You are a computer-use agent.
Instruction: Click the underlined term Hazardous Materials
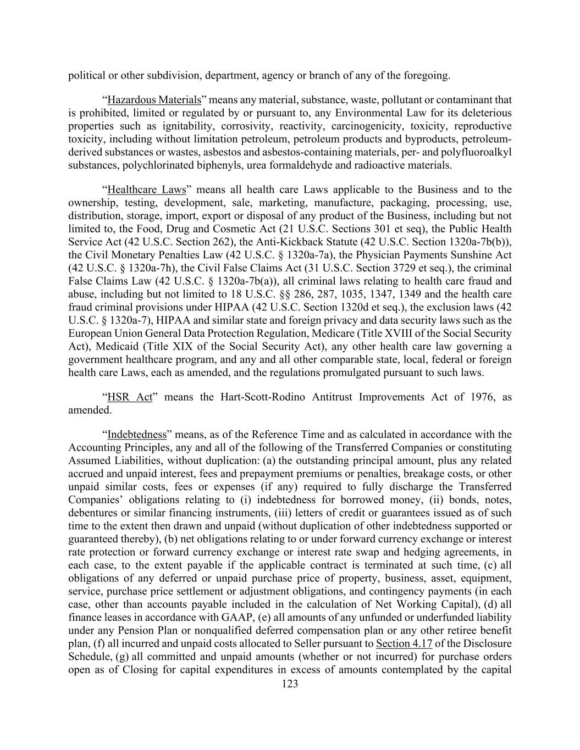[154, 101]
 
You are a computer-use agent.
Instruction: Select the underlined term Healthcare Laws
[147, 190]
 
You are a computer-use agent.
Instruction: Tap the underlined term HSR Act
[129, 397]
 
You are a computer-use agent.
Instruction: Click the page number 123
[289, 684]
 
